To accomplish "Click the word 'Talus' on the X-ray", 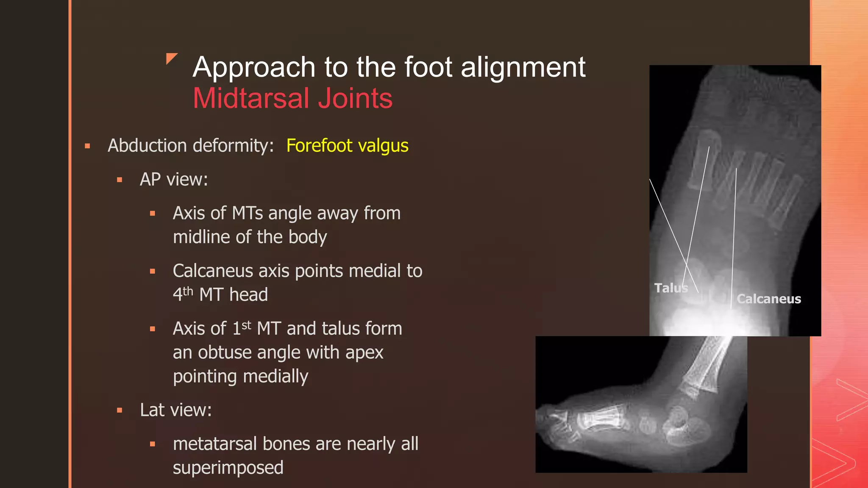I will [670, 288].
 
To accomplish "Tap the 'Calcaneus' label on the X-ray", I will [768, 299].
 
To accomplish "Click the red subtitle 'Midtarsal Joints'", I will [292, 98].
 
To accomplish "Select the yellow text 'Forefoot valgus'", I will [347, 146].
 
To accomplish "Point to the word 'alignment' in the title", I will [523, 67].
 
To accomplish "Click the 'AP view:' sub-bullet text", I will [174, 180].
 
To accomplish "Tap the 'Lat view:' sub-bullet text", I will [175, 410].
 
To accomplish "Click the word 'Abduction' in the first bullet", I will [147, 146].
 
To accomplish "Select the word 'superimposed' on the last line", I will [228, 468].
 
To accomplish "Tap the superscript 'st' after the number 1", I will [246, 325].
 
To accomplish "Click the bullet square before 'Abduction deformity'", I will [88, 146].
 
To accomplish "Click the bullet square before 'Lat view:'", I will [120, 410].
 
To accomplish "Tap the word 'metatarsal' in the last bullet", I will [215, 444].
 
